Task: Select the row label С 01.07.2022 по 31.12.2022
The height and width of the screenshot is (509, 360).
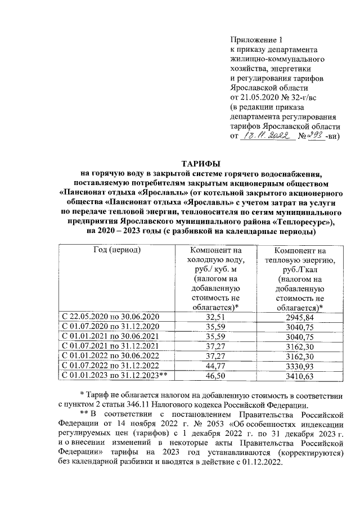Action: [111, 366]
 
